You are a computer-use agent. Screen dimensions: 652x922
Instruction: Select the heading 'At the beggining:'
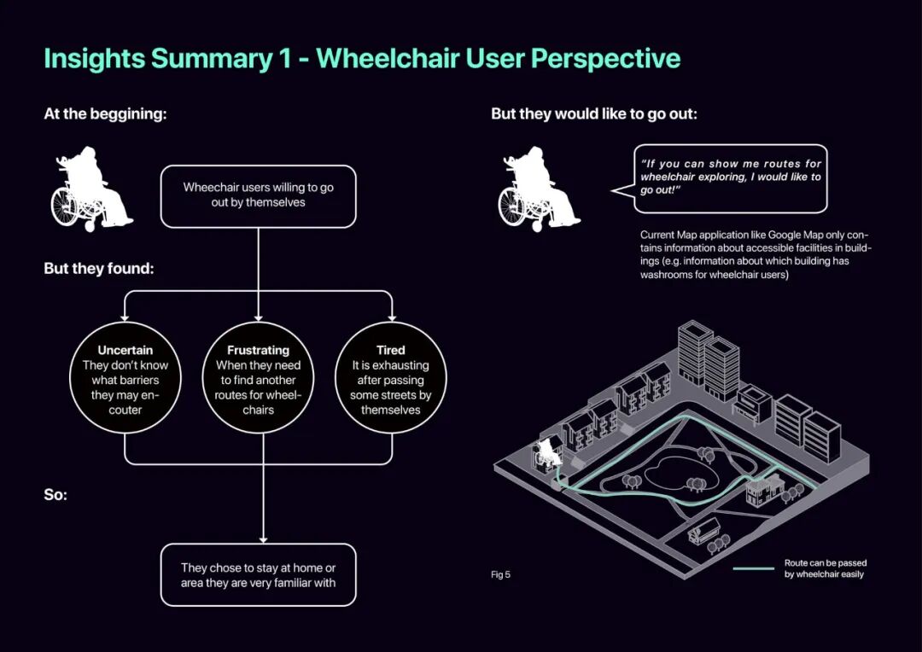coord(105,114)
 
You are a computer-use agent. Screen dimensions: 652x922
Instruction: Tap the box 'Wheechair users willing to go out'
coord(258,195)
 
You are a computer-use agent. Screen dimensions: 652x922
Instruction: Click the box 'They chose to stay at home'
coord(258,574)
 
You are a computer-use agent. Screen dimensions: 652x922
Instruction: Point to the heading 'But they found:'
coord(99,269)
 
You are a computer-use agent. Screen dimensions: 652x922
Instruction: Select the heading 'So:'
coord(56,495)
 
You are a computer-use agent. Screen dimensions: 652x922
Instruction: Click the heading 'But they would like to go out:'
coord(594,114)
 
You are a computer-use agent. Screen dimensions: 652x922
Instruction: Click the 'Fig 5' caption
coord(500,574)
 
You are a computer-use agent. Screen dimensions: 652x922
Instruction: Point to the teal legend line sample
coord(753,568)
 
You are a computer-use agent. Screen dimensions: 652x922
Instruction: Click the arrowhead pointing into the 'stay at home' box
coord(263,538)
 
